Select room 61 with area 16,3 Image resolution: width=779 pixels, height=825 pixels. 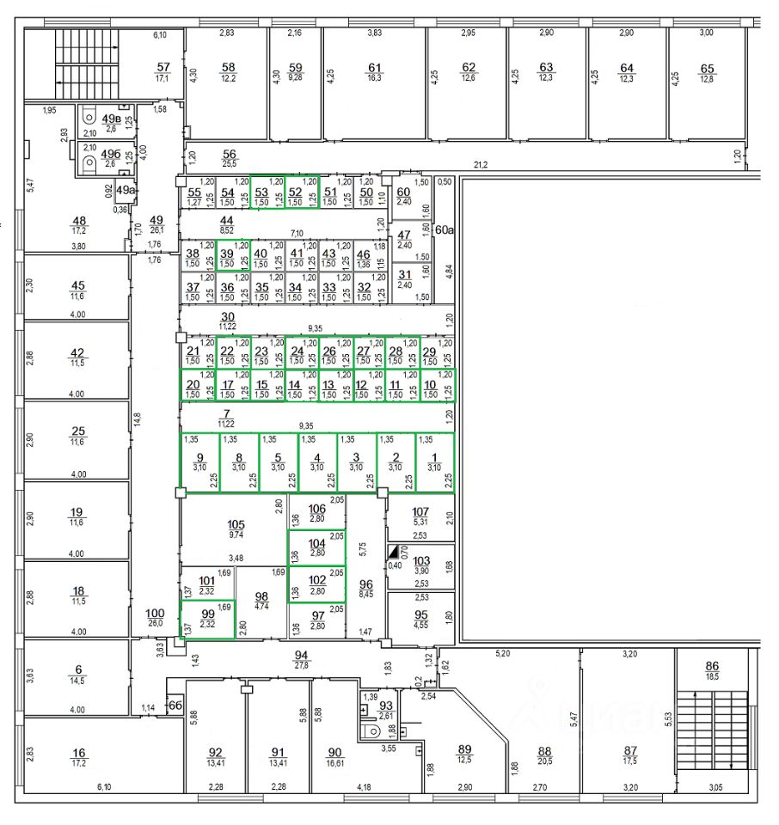[x=373, y=68]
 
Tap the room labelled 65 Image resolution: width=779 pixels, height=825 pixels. [x=707, y=69]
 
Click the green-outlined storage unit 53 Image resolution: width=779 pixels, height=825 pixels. [x=262, y=193]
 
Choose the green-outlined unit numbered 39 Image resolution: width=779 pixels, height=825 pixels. [x=228, y=254]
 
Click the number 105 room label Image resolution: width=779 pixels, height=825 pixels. [x=236, y=525]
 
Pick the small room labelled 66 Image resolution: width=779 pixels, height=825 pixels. [x=175, y=705]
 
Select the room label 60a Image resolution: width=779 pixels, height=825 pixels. [x=444, y=230]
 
